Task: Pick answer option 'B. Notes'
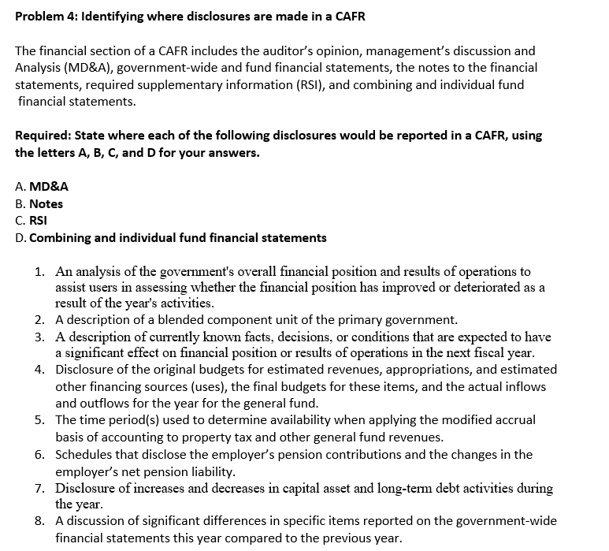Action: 39,203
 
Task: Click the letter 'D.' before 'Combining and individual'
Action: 21,237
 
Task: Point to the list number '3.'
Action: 39,337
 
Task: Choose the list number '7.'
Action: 39,489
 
